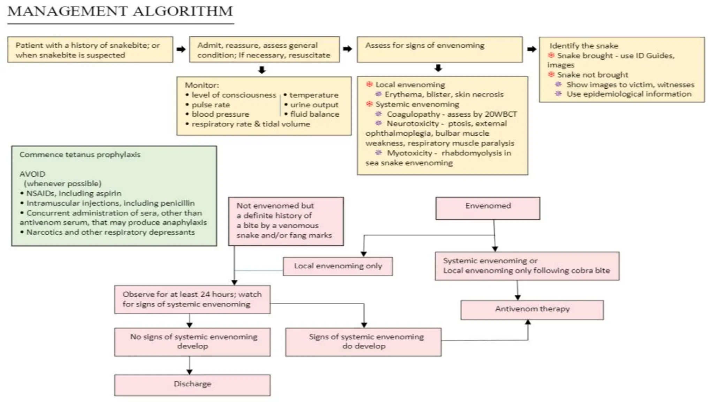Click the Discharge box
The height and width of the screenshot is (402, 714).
192,385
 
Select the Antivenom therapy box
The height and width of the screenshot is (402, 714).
532,309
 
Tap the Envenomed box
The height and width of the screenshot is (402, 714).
488,207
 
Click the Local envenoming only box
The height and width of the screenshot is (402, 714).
337,266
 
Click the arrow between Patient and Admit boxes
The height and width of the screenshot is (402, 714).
181,49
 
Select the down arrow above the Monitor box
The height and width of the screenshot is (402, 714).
262,70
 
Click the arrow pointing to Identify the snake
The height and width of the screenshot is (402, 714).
531,49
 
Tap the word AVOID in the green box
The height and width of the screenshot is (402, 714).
32,174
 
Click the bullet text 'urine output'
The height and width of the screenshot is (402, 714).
314,105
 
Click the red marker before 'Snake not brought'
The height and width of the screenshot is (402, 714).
551,74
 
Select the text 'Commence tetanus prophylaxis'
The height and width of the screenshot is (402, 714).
80,155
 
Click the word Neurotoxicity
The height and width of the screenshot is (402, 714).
412,124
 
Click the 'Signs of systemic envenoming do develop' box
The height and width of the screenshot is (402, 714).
363,341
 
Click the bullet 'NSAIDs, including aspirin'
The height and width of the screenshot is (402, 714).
74,193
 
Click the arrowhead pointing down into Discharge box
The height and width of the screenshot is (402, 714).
189,372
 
